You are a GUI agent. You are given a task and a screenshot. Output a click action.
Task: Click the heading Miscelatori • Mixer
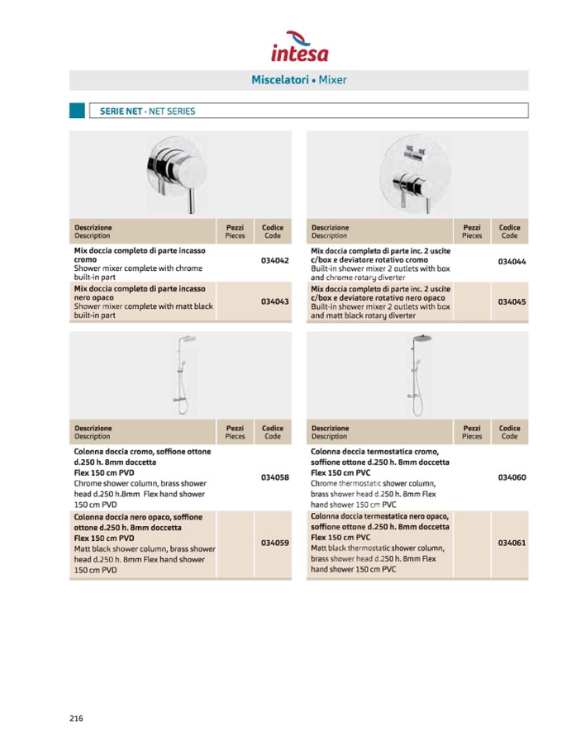[299, 80]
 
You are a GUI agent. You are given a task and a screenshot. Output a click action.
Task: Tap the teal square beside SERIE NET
[77, 111]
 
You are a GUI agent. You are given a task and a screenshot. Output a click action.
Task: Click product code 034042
[274, 262]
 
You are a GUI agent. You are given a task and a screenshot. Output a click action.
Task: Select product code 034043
[274, 301]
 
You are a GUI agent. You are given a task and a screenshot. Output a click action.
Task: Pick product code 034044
[512, 262]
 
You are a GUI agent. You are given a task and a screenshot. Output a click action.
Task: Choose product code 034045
[512, 301]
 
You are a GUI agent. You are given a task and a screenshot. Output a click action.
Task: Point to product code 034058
[274, 477]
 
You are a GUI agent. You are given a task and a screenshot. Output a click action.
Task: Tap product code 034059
[274, 543]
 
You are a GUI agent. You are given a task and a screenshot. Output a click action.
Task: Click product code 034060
[512, 477]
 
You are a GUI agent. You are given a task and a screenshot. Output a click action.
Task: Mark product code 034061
[512, 543]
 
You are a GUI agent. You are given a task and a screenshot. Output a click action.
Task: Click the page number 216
[76, 718]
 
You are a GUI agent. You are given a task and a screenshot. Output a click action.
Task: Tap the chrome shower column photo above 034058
[181, 373]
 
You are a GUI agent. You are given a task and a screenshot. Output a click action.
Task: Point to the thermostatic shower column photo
[417, 373]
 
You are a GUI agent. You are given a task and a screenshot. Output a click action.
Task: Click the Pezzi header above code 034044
[472, 231]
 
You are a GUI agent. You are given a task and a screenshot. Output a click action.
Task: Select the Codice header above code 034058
[273, 432]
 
